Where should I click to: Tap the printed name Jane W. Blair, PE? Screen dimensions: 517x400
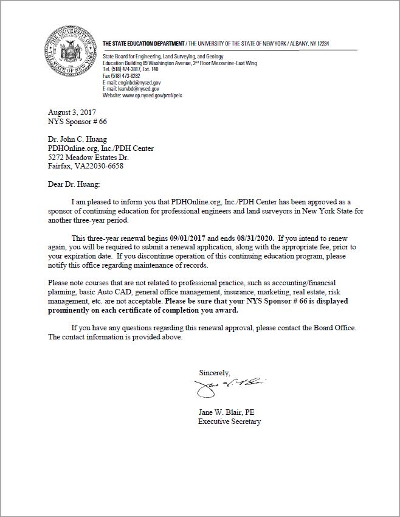[226, 412]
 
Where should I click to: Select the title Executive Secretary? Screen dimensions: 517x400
[229, 422]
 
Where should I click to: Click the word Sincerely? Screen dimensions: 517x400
[214, 372]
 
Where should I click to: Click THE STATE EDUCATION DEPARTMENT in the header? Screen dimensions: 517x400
[143, 44]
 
